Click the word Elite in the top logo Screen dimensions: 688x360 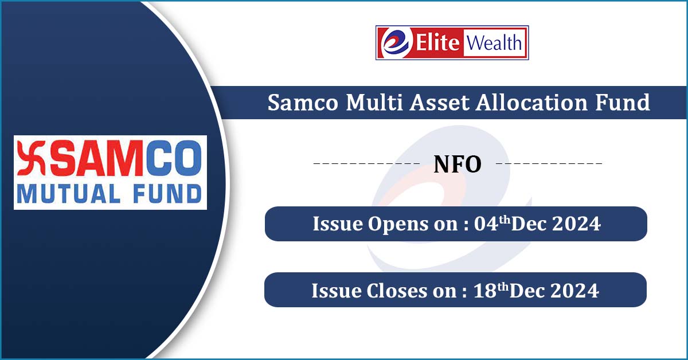(437, 42)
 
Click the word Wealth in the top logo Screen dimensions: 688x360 (494, 42)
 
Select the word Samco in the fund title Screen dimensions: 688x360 (303, 103)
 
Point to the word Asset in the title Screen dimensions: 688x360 (440, 103)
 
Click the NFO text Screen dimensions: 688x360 (458, 165)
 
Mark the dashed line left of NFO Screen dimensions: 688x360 (366, 163)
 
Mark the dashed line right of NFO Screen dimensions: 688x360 (549, 163)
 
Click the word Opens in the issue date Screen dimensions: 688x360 (398, 225)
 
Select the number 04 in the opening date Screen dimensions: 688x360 (486, 224)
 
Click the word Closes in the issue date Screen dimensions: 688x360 (397, 291)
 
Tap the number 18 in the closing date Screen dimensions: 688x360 (485, 291)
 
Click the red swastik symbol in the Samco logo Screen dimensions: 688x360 (32, 158)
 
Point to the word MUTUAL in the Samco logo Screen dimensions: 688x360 (68, 194)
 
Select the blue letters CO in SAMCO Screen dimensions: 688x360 (174, 158)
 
